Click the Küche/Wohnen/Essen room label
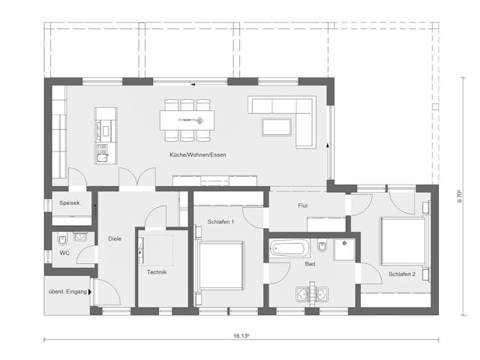[x=198, y=154]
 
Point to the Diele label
[x=114, y=239]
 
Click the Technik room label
[x=156, y=271]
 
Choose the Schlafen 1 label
[x=221, y=222]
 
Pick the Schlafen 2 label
[x=402, y=274]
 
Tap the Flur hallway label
[x=304, y=204]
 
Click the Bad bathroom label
[x=310, y=264]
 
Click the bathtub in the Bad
[x=289, y=247]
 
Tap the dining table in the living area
[x=187, y=119]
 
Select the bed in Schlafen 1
[x=220, y=265]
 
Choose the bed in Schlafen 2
[x=403, y=241]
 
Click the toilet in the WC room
[x=63, y=240]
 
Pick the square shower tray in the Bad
[x=345, y=248]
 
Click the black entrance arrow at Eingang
[x=91, y=291]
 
